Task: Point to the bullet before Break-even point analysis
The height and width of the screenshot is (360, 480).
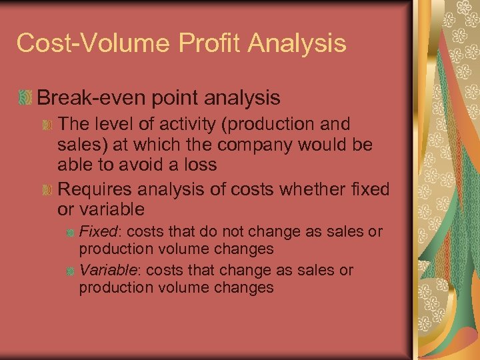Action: pyautogui.click(x=25, y=99)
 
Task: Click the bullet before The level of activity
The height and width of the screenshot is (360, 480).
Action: pyautogui.click(x=47, y=125)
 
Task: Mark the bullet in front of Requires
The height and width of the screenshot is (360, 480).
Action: pyautogui.click(x=47, y=191)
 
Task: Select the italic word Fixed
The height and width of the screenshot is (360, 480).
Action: pyautogui.click(x=97, y=232)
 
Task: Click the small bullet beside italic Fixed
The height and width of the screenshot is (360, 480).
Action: pyautogui.click(x=71, y=233)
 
